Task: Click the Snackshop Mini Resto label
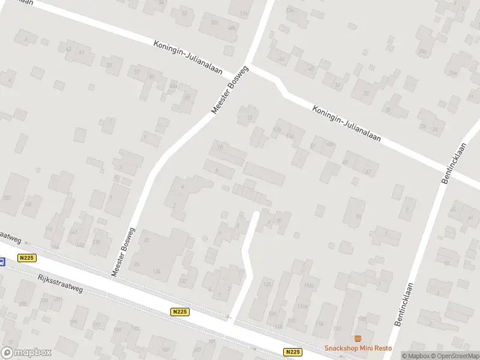pyautogui.click(x=358, y=348)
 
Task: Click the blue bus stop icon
pyautogui.click(x=2, y=261)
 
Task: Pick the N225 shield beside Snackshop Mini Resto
pyautogui.click(x=292, y=352)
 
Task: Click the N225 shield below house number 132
pyautogui.click(x=180, y=311)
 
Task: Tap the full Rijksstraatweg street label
pyautogui.click(x=59, y=283)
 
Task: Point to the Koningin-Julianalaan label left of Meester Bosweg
pyautogui.click(x=188, y=58)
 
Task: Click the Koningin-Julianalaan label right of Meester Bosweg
pyautogui.click(x=347, y=124)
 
